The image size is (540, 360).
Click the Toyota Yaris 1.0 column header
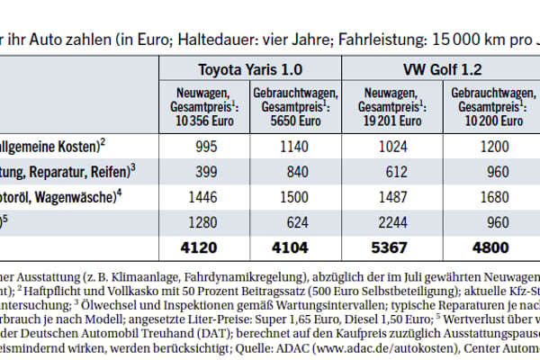(257, 68)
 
